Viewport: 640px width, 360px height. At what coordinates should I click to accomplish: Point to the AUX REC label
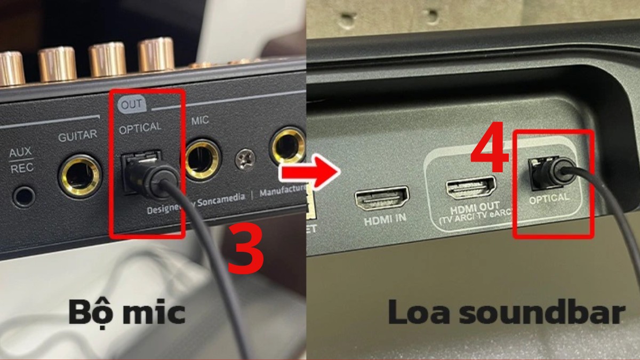21,159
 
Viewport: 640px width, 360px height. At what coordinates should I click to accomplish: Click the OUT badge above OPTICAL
131,104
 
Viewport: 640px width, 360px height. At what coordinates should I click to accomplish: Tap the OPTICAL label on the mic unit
140,128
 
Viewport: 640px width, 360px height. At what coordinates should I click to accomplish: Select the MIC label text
200,121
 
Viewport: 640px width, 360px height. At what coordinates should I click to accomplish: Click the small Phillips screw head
245,158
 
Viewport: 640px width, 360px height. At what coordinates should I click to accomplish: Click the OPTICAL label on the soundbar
549,198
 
